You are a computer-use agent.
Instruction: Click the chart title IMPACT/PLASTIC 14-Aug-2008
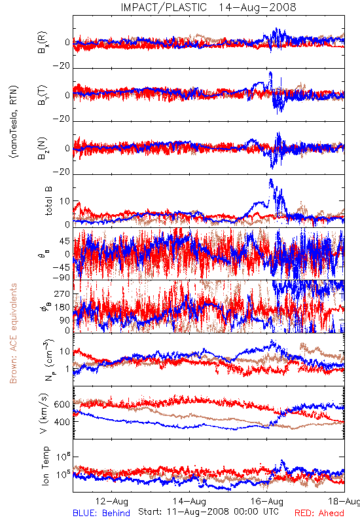coord(208,7)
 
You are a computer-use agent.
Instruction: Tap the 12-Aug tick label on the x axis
coord(112,501)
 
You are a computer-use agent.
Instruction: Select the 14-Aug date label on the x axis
coord(189,501)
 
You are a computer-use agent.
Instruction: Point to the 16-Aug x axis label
coord(267,501)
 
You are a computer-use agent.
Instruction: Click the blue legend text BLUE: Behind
coord(101,514)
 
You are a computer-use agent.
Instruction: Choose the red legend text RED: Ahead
coord(319,514)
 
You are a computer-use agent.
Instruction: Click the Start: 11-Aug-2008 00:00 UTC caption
coord(208,512)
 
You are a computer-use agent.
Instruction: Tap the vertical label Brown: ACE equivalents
coord(13,333)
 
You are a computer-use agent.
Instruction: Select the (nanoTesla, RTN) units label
coord(14,122)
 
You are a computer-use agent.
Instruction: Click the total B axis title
coord(48,200)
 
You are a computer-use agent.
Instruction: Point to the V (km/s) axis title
coord(44,413)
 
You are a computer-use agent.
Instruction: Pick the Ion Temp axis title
coord(45,466)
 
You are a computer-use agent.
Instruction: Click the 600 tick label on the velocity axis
coord(62,404)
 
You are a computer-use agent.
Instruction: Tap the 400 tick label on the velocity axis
coord(62,422)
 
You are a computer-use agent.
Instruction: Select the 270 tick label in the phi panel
coord(62,294)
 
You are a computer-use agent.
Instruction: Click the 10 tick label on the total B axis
coord(65,201)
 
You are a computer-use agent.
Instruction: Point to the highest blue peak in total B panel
coord(270,179)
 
